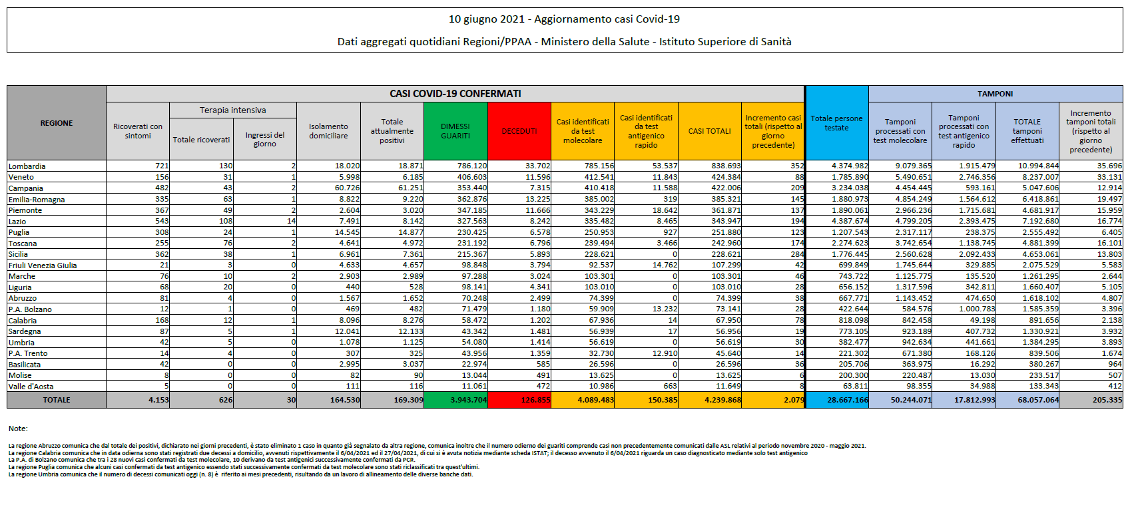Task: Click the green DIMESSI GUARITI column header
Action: tap(455, 131)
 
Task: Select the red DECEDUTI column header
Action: tap(519, 131)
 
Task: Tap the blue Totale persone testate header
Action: tap(836, 123)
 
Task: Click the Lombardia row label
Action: tap(27, 166)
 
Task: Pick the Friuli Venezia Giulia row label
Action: tap(43, 265)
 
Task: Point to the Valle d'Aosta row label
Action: tap(31, 387)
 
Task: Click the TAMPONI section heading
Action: tap(995, 94)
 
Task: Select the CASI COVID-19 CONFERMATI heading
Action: tap(455, 94)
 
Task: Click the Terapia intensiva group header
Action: tap(232, 110)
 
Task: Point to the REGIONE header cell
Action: tap(57, 123)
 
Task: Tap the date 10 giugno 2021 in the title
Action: tap(486, 19)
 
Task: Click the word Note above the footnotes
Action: tap(18, 428)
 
